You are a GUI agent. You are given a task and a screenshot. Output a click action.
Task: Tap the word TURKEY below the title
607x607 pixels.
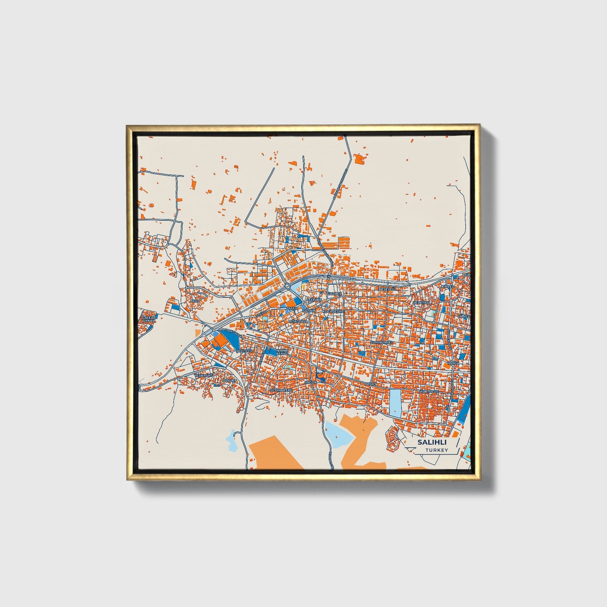[436, 450]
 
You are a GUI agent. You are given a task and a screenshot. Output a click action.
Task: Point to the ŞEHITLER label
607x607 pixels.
[244, 350]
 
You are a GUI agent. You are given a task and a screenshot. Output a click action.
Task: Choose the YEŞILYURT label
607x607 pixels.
[204, 375]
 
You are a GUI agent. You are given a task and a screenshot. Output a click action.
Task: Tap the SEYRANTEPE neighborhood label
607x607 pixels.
[281, 390]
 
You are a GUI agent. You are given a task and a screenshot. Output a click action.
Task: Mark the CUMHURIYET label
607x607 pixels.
[381, 342]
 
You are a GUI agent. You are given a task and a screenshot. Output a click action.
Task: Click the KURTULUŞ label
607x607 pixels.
[429, 392]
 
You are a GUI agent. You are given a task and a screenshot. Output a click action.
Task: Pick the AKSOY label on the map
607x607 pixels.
[371, 384]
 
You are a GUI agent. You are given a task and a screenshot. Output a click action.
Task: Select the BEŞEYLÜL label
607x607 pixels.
[387, 289]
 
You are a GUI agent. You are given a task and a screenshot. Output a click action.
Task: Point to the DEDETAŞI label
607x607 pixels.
[421, 302]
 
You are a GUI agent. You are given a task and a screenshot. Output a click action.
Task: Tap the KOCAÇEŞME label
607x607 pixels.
[333, 311]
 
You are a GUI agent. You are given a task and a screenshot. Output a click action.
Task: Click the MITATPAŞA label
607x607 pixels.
[298, 321]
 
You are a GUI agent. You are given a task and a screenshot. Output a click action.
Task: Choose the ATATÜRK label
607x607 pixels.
[314, 300]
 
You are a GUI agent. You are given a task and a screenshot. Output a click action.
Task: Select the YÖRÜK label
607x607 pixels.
[452, 363]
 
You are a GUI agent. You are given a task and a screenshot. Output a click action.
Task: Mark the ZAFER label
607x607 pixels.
[292, 308]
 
